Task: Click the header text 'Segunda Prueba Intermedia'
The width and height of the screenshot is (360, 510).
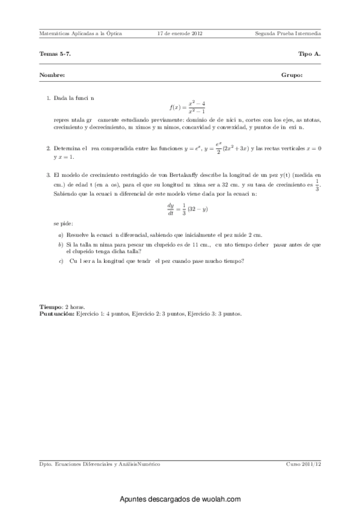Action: pyautogui.click(x=288, y=34)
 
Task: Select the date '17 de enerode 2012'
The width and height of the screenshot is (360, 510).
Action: pyautogui.click(x=179, y=34)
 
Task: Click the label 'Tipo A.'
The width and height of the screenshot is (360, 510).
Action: pyautogui.click(x=310, y=54)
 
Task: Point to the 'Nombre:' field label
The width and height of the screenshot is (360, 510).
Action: pyautogui.click(x=52, y=76)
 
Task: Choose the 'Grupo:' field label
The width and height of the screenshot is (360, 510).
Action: pyautogui.click(x=291, y=76)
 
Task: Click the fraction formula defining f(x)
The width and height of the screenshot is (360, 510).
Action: pyautogui.click(x=188, y=107)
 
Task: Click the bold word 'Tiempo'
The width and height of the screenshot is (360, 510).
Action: pyautogui.click(x=50, y=307)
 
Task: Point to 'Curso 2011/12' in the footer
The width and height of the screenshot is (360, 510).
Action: pyautogui.click(x=304, y=465)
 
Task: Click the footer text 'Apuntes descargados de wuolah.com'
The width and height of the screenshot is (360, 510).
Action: pyautogui.click(x=180, y=499)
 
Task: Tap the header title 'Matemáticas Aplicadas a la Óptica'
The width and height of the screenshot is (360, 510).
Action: pyautogui.click(x=80, y=34)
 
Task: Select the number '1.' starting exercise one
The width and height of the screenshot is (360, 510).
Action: pyautogui.click(x=48, y=97)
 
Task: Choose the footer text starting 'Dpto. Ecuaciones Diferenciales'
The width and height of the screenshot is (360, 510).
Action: pyautogui.click(x=99, y=465)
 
